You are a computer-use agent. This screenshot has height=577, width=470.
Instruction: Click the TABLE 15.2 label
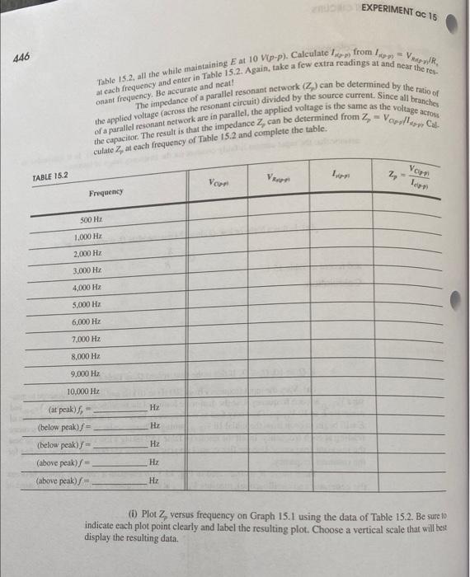click(x=50, y=176)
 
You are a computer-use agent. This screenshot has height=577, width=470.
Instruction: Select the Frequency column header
click(x=106, y=191)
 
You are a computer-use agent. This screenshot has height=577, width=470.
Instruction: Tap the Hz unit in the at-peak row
click(x=153, y=409)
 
